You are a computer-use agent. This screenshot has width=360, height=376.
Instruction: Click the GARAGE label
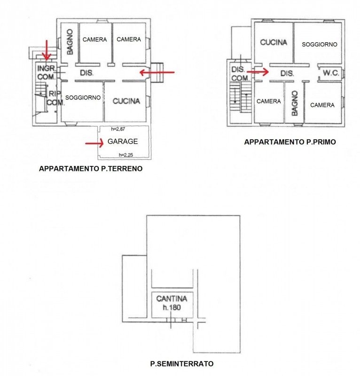pos(123,141)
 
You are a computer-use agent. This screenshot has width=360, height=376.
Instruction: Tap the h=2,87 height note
pos(118,129)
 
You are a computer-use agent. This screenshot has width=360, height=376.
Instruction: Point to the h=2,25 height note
pos(126,155)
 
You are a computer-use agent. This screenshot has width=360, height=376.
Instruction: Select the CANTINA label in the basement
pos(172,298)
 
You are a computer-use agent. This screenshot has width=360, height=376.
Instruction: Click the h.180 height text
pos(172,307)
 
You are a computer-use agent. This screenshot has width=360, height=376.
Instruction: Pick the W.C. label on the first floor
pos(331,73)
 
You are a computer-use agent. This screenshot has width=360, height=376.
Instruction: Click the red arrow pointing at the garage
pos(94,143)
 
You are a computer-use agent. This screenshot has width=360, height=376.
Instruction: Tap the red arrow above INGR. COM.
pos(47,50)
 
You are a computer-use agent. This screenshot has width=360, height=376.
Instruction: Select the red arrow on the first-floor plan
pos(258,72)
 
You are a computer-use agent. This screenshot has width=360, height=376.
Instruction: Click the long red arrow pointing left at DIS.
pos(157,72)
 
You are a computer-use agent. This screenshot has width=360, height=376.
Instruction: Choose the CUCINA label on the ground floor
pos(126,101)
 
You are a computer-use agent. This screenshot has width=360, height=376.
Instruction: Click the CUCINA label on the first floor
pos(274,42)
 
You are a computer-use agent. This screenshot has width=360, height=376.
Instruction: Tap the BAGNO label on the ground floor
pos(70,42)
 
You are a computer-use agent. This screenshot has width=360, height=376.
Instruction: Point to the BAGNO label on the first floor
pos(295,103)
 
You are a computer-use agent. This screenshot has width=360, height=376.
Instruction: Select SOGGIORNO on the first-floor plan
pos(320,44)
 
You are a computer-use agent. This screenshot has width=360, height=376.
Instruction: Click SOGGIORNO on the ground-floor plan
pos(83,98)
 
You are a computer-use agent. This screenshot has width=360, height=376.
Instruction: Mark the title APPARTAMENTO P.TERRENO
pos(91,169)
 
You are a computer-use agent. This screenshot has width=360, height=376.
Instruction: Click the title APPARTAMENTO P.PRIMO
pos(290,142)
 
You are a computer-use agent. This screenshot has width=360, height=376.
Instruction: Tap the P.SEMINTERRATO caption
pos(182,364)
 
